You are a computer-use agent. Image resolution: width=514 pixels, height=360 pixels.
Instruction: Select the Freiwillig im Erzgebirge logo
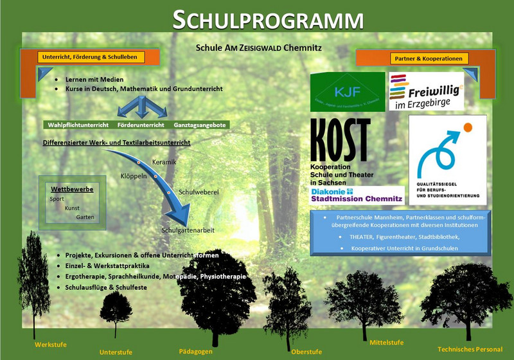coord(426,91)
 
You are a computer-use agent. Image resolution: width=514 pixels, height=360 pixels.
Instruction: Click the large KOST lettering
coord(341,141)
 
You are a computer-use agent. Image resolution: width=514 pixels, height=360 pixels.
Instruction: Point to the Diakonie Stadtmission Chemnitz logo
coord(357,195)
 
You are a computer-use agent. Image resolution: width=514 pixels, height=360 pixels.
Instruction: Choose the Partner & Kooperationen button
coord(429,59)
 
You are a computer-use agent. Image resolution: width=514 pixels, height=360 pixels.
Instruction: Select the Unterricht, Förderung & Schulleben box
coord(90,57)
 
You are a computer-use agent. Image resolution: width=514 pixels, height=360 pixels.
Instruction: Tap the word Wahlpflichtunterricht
coord(78,125)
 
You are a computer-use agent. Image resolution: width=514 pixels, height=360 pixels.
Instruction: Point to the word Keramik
coord(164,161)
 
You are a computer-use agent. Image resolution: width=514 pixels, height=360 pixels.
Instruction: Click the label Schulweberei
coord(199,192)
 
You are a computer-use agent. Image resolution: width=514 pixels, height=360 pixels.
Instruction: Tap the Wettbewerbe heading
coord(72,189)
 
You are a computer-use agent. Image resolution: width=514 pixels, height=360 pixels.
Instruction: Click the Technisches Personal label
coord(469,349)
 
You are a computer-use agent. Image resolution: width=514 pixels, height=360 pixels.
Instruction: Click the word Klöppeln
coord(134,175)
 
